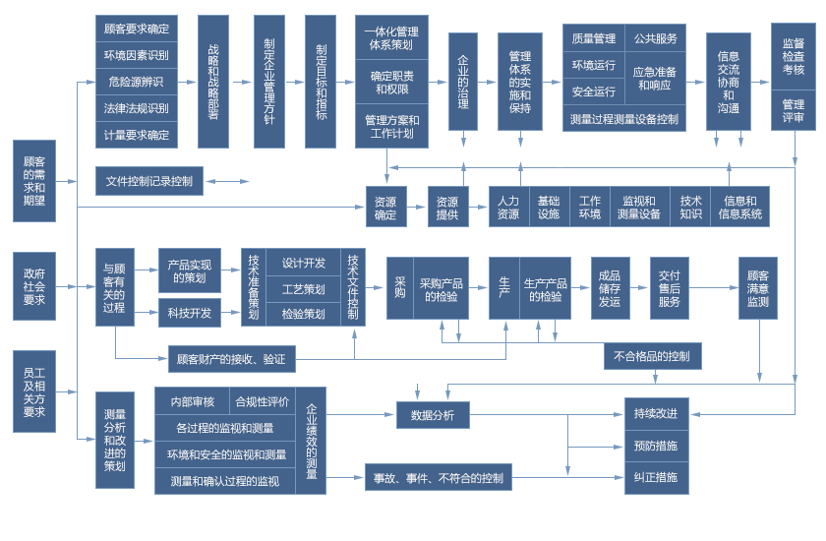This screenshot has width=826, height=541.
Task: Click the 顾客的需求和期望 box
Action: [x=34, y=181]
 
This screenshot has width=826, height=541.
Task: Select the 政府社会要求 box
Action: [x=34, y=286]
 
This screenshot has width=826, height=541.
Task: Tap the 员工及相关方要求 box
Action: [x=34, y=391]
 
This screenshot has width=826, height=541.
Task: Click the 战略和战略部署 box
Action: [x=213, y=82]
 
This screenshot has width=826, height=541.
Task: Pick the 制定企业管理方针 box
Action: [x=269, y=82]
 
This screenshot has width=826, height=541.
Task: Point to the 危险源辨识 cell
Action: [x=137, y=82]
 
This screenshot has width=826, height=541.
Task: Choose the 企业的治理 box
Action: [x=463, y=82]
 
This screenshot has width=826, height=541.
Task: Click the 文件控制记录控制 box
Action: [x=149, y=181]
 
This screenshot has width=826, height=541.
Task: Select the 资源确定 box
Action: [x=385, y=207]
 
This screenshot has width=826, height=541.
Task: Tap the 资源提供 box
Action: [x=447, y=207]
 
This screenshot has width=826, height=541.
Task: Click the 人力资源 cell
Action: [x=508, y=207]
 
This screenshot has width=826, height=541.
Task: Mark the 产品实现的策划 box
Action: [x=190, y=270]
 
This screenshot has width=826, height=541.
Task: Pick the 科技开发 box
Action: [x=190, y=313]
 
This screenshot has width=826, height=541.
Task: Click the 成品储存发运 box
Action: [x=610, y=288]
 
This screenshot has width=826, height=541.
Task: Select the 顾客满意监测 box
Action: [x=758, y=288]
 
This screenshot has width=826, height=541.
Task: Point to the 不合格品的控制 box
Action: [x=652, y=356]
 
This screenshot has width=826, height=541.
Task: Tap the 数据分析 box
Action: [x=433, y=415]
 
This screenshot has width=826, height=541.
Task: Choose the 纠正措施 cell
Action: [x=656, y=478]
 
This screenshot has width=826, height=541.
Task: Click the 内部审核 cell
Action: [x=193, y=401]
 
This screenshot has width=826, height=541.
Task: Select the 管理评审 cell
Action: [x=794, y=110]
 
